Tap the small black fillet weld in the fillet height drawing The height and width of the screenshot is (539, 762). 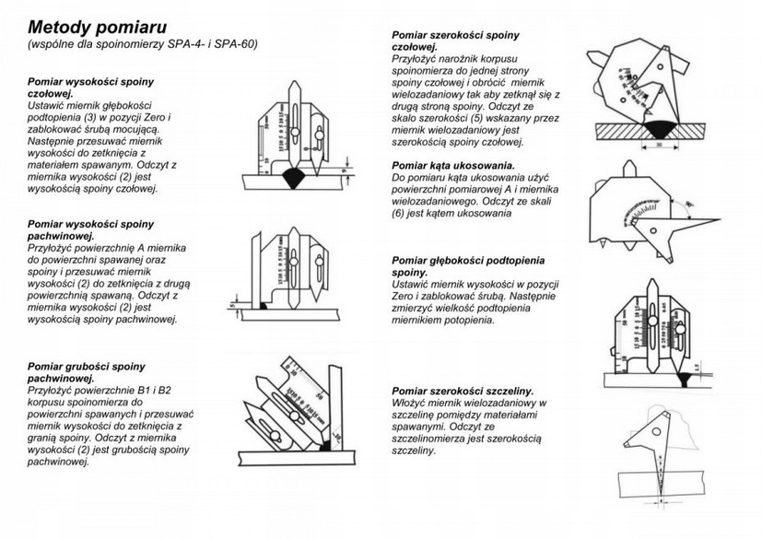point(264,305)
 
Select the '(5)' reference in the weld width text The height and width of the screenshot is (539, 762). point(471,118)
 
